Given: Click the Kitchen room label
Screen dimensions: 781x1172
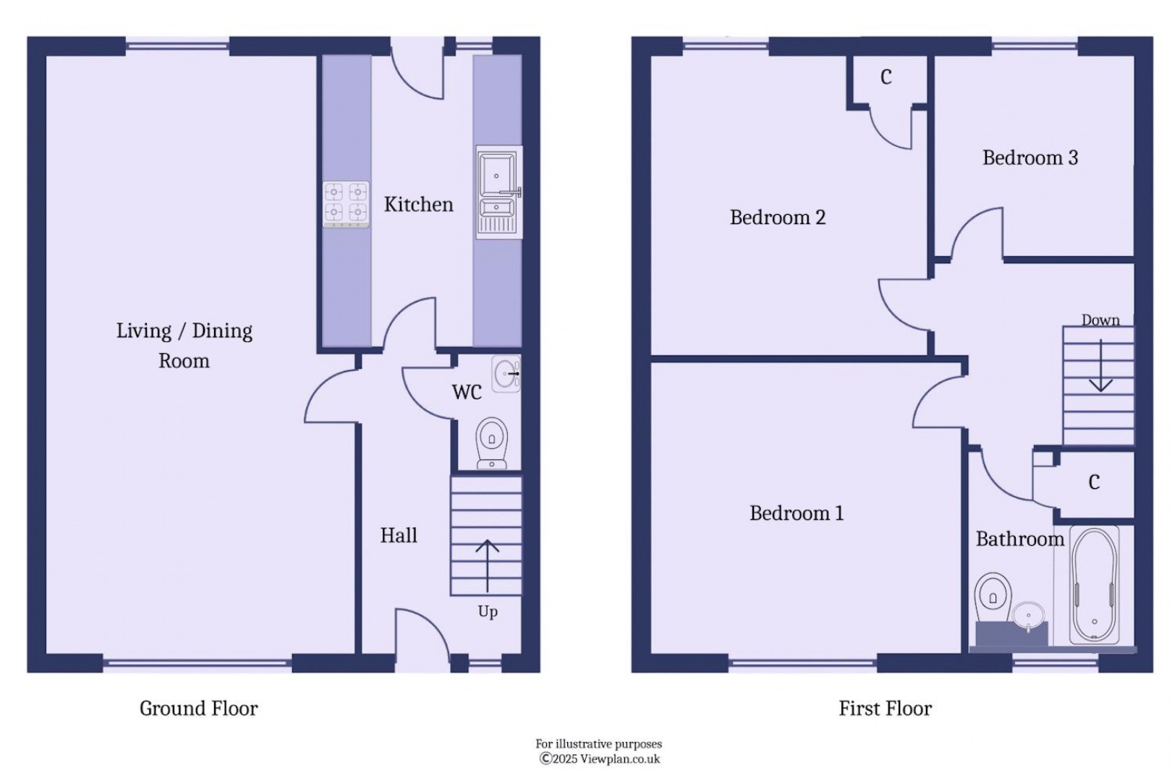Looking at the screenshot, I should [x=418, y=205].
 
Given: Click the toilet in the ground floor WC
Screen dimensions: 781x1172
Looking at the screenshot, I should [x=492, y=442].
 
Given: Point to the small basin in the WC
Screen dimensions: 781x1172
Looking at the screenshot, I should [x=506, y=374].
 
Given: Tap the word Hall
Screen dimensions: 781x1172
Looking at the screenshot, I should [x=399, y=535].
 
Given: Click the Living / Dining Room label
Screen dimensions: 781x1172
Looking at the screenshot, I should [x=184, y=345].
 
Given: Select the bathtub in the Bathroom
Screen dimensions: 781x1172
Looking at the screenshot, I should [x=1094, y=586].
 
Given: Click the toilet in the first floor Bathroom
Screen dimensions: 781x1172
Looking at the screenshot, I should [x=993, y=597].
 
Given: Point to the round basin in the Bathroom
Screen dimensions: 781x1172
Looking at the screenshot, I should [x=1028, y=616].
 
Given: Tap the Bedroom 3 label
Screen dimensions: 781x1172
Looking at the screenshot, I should [x=1029, y=158].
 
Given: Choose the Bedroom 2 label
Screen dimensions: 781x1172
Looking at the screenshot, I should [x=777, y=217].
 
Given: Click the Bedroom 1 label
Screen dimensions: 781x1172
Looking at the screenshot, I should [x=796, y=513].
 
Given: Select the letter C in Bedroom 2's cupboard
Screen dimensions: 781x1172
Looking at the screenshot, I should [x=886, y=77].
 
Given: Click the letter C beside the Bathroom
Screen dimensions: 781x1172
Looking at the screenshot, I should [x=1094, y=482].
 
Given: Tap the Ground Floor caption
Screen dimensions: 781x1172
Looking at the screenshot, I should [x=198, y=708].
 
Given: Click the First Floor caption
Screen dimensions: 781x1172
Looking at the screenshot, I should [x=885, y=708].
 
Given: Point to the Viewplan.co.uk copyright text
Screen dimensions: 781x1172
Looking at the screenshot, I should [x=600, y=759].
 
